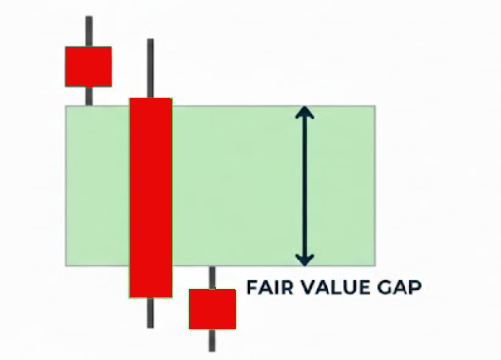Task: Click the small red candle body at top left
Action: (89, 65)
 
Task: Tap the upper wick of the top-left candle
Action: (89, 30)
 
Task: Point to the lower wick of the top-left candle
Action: (89, 95)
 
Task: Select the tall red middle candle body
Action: (150, 196)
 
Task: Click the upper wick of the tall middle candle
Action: (150, 68)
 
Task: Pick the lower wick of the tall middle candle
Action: (150, 311)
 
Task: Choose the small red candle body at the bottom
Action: (212, 308)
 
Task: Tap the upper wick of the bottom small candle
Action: (212, 277)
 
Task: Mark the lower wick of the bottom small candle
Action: (212, 340)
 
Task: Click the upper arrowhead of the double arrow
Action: (305, 112)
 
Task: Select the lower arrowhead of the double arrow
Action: (305, 259)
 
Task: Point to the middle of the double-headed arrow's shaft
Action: (305, 185)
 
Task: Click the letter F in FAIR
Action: (251, 289)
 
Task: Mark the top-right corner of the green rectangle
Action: (374, 106)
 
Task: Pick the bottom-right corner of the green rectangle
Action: (374, 265)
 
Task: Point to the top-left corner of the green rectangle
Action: (66, 106)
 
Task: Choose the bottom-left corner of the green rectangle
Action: (66, 265)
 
